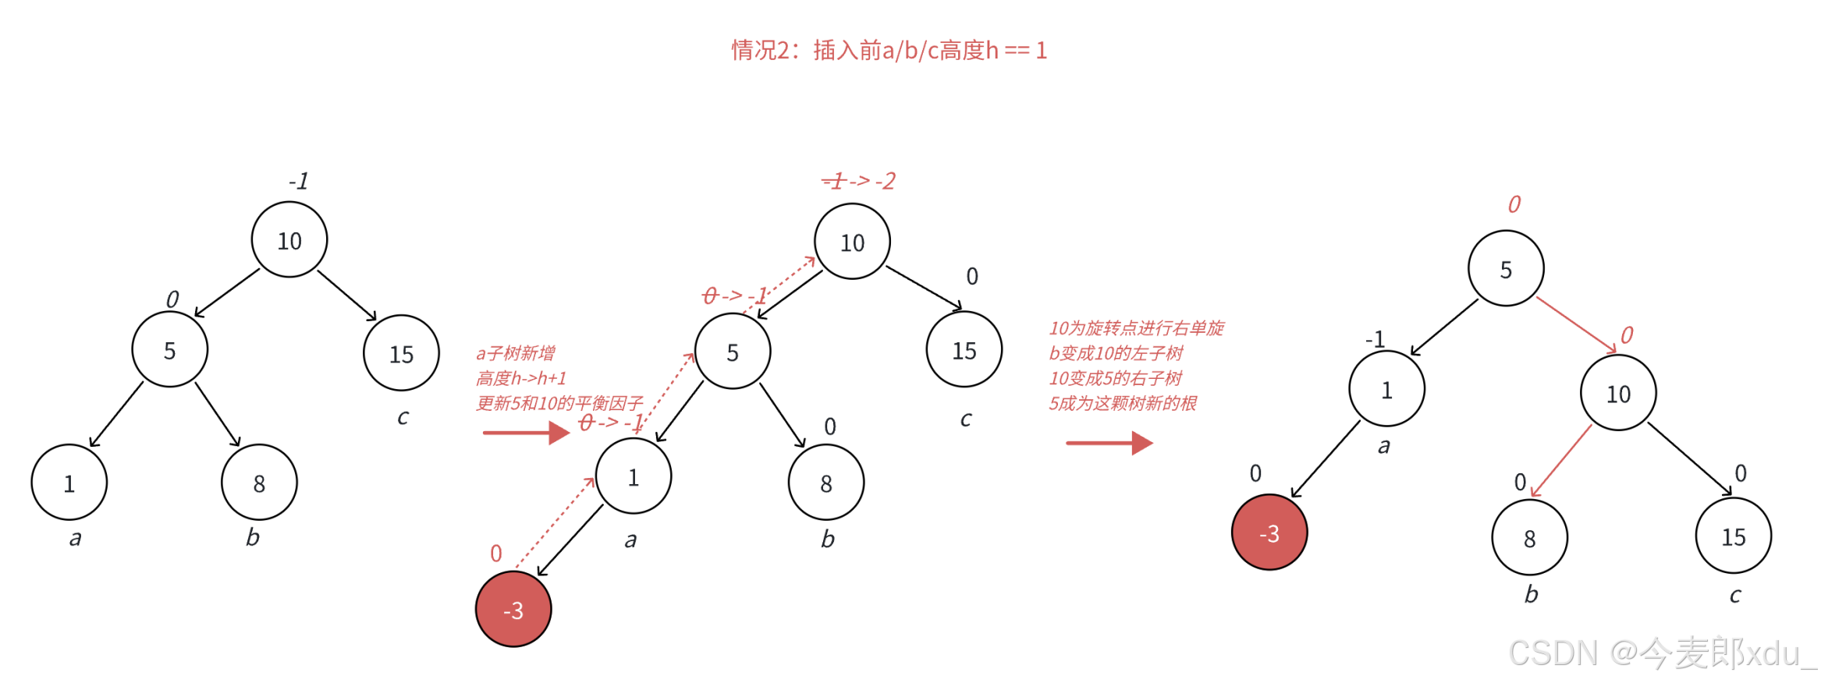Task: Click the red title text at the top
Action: [x=889, y=51]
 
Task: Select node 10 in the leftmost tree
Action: [x=289, y=240]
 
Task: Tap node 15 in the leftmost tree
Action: [x=401, y=353]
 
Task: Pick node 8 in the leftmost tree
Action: [x=259, y=483]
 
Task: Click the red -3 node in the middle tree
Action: [x=513, y=609]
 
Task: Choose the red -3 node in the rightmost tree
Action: [x=1269, y=533]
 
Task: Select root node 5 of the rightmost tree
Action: [x=1506, y=269]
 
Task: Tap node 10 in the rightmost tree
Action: [x=1618, y=393]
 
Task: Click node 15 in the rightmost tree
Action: [x=1733, y=536]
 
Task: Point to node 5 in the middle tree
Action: [x=733, y=352]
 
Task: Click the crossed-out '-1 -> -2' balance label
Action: [x=859, y=181]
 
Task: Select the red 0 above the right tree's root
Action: [x=1514, y=204]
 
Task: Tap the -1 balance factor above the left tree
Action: [x=299, y=182]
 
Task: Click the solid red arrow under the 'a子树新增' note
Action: [x=527, y=432]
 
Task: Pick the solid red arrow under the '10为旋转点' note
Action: [x=1109, y=443]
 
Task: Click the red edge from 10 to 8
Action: [x=1562, y=460]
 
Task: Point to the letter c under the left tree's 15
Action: [x=403, y=417]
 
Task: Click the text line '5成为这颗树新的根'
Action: [x=1122, y=403]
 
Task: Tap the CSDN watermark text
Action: [x=1661, y=653]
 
